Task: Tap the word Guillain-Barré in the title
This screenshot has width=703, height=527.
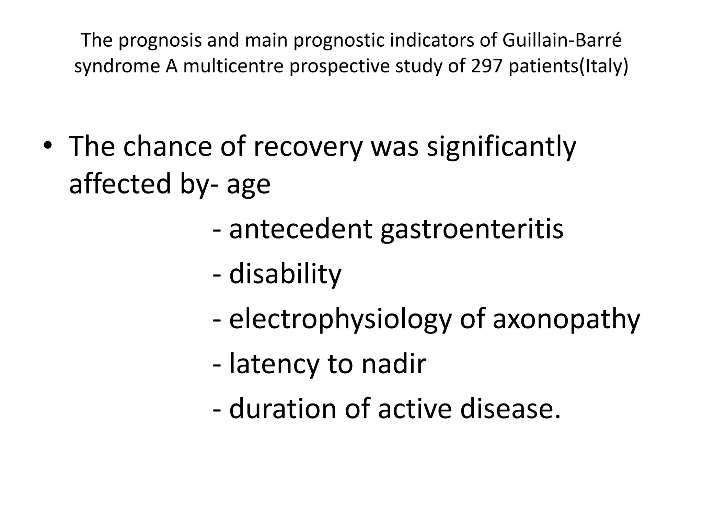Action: click(562, 40)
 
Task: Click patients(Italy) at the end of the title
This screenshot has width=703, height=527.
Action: click(568, 67)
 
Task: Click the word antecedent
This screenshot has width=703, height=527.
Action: click(301, 229)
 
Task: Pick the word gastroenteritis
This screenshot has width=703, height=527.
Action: click(472, 229)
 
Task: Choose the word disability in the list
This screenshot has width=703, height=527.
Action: click(285, 274)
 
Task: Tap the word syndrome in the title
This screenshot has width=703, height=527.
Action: click(117, 67)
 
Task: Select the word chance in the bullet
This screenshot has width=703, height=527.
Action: click(168, 147)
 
